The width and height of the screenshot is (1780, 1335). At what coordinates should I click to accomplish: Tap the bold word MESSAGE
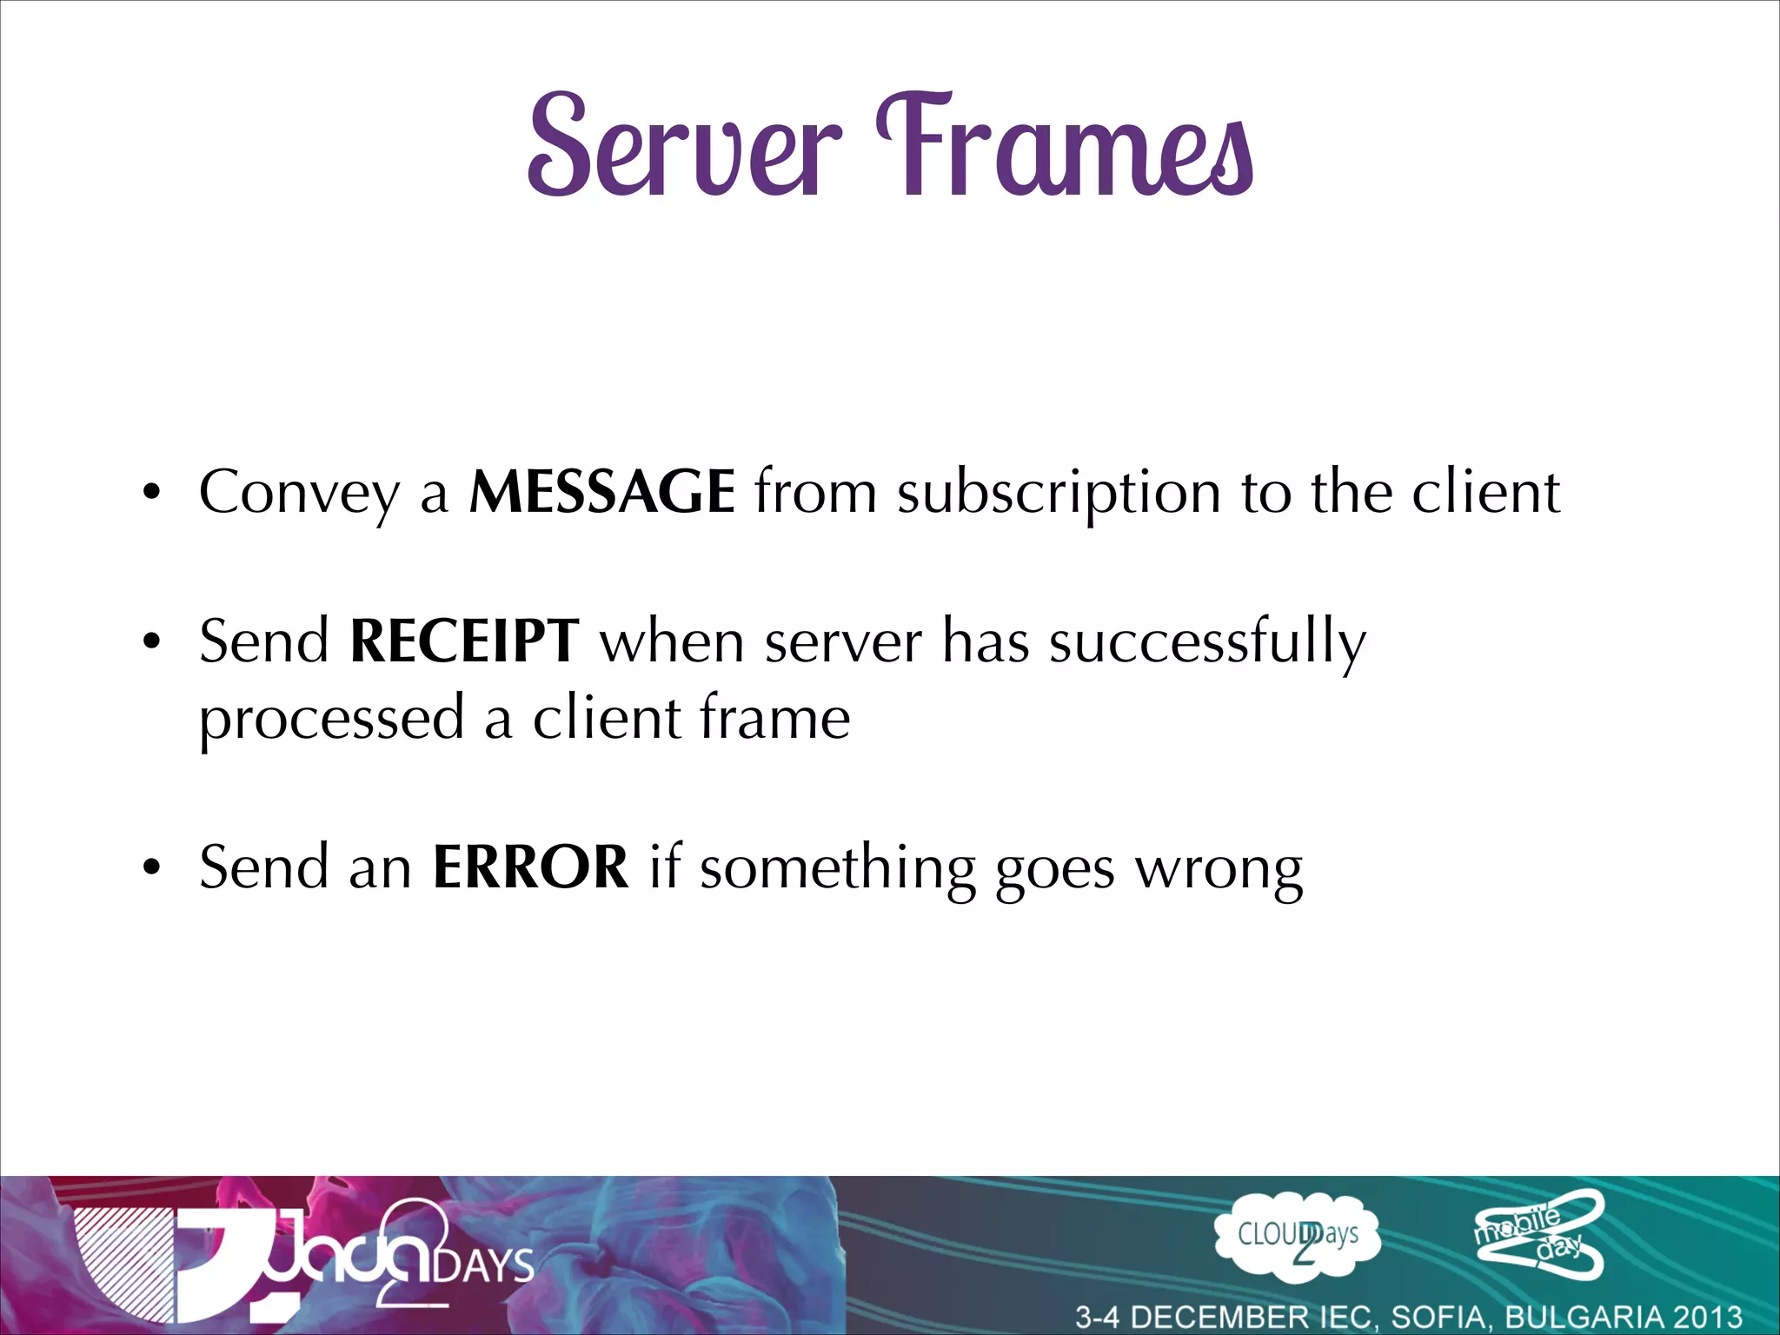(601, 492)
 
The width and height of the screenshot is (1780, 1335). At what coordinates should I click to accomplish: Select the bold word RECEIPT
(464, 641)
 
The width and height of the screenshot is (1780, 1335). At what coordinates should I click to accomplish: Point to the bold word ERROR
(530, 867)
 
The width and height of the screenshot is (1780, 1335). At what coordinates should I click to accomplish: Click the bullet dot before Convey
(153, 494)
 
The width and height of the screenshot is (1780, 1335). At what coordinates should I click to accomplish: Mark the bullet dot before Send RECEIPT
(153, 643)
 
